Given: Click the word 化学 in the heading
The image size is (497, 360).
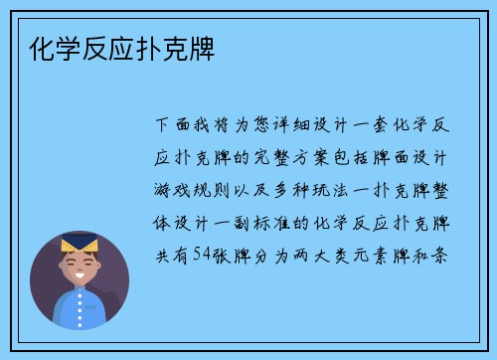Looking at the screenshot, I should (50, 47).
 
